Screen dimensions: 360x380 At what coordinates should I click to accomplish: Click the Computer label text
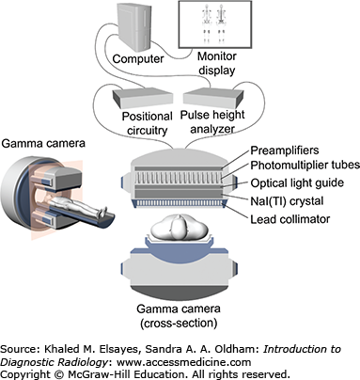coord(138,59)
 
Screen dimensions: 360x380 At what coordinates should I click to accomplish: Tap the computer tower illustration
coord(134,27)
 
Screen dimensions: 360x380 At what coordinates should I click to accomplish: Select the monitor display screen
coord(215,24)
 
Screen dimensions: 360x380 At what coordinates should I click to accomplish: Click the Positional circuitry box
coord(143,97)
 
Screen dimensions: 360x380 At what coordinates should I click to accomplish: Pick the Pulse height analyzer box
coord(213,97)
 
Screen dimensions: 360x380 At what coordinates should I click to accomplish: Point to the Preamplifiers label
coord(285,150)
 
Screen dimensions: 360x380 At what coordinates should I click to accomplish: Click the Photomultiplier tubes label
coord(305,166)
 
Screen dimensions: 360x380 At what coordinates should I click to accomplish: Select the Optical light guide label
coord(297,183)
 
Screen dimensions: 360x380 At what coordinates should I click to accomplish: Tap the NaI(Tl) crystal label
coord(287,201)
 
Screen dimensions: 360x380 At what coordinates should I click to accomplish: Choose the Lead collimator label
coord(290,219)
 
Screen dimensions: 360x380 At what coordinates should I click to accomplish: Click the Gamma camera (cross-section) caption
coord(179,316)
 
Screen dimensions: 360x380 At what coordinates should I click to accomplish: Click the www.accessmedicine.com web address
coord(184,362)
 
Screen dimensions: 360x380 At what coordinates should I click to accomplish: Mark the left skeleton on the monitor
coord(206,24)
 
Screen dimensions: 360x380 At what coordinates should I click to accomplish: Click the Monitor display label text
coord(217,63)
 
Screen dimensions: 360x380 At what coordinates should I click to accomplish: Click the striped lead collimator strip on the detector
coord(180,203)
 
